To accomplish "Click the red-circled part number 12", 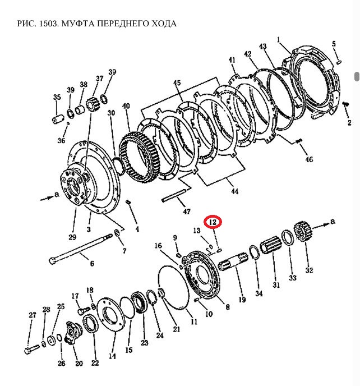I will pos(213,222).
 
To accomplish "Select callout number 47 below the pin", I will pos(187,211).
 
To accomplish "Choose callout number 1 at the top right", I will pos(278,39).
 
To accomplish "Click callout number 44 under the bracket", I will pos(234,191).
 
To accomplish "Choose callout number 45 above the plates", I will pos(177,84).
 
